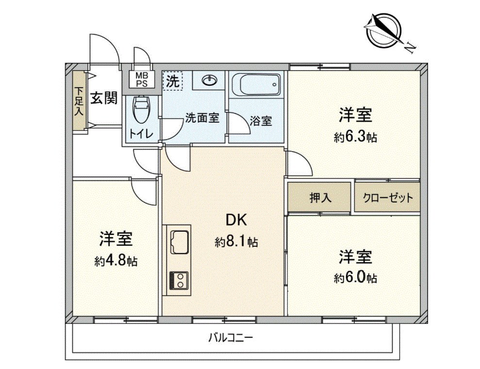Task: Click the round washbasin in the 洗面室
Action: point(209,80)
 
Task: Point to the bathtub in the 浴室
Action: point(257,85)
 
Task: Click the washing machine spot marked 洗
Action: point(172,81)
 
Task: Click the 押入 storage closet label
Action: point(320,197)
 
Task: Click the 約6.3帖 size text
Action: point(355,138)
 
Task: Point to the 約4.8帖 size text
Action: point(116,261)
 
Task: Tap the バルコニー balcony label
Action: point(231,337)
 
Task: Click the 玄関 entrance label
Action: point(104,98)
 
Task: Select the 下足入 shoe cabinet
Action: point(79,101)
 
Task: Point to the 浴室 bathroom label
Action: point(261,121)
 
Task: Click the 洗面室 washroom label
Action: point(201,117)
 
